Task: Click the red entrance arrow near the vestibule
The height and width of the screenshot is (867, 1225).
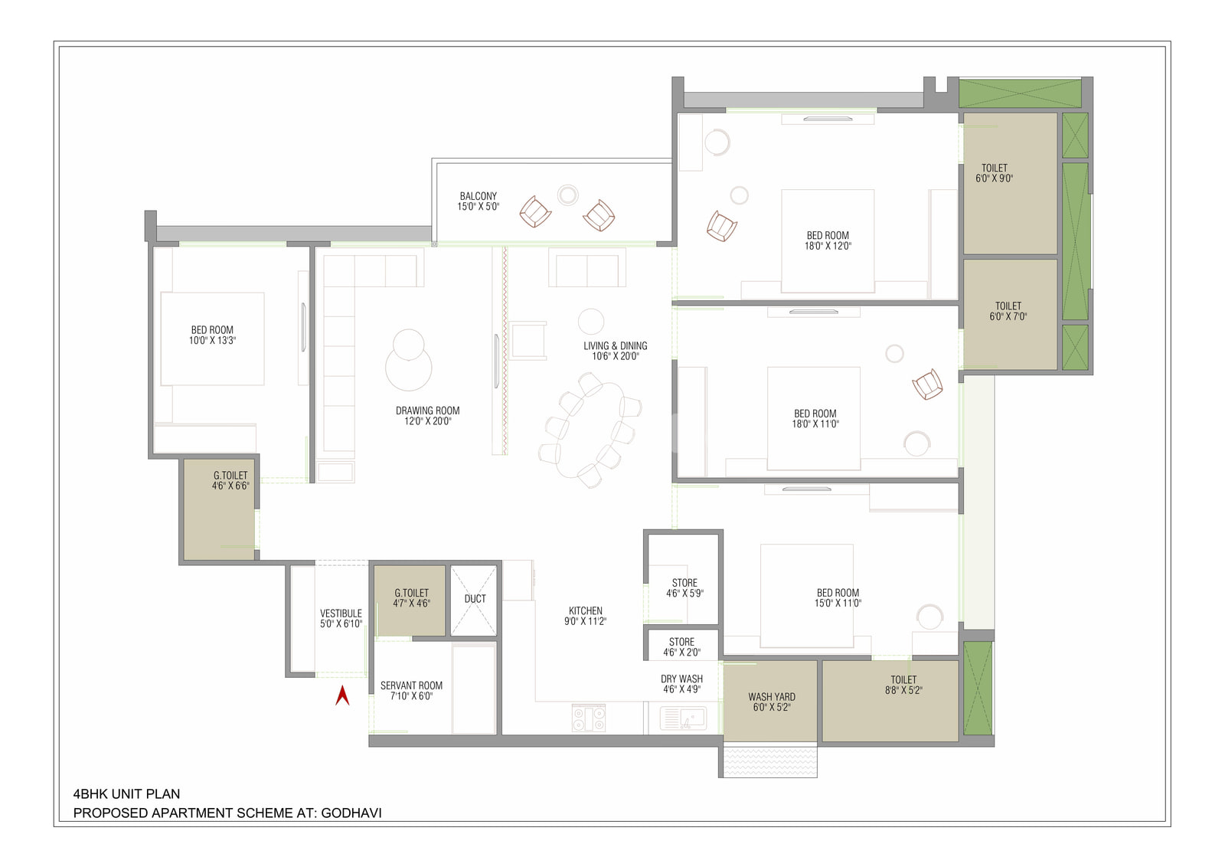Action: [x=342, y=695]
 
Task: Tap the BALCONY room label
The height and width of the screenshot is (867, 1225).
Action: [x=479, y=196]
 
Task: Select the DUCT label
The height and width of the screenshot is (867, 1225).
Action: [x=475, y=598]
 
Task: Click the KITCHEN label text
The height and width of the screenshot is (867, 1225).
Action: [x=585, y=610]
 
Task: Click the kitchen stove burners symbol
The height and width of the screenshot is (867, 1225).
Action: [x=589, y=718]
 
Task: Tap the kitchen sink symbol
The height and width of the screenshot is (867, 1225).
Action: [x=683, y=718]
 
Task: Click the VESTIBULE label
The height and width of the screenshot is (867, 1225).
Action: [x=341, y=613]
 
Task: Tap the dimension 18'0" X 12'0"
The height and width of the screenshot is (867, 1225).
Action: [x=828, y=246]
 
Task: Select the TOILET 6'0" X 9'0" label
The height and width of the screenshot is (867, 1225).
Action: [x=995, y=173]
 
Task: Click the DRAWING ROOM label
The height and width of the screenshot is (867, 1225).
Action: [x=428, y=411]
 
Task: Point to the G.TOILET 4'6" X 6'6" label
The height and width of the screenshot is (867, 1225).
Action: [x=230, y=480]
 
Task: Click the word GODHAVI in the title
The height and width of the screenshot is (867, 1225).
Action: [x=351, y=813]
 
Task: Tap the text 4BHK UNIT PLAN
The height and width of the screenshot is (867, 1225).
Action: [x=126, y=793]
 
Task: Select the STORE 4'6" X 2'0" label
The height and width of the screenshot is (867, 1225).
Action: [x=681, y=646]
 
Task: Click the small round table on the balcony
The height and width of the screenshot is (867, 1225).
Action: [x=567, y=195]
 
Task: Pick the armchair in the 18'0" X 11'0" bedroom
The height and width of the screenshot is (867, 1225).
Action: [x=927, y=384]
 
